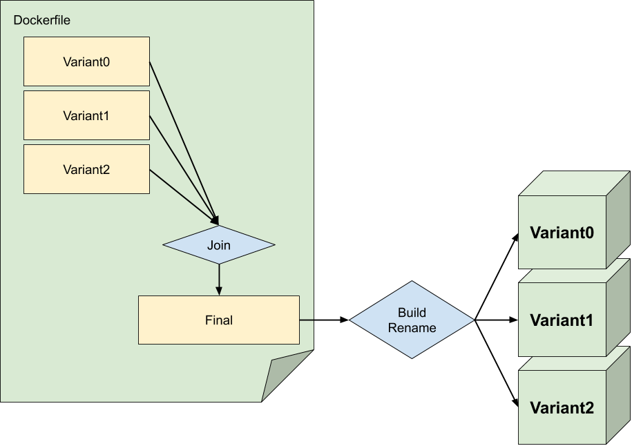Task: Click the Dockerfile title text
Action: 41,20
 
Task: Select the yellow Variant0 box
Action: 86,61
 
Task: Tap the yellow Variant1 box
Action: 86,115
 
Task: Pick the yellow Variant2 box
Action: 86,169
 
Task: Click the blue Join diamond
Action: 218,245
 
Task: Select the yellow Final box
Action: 218,320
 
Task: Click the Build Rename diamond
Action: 412,320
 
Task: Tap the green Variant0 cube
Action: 561,233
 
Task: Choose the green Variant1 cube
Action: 561,320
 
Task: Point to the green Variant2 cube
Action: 561,408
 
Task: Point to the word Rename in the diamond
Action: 412,327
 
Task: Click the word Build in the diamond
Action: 412,313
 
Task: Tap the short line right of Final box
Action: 307,320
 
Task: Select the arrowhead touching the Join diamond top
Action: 216,220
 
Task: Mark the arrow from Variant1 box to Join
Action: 182,166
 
